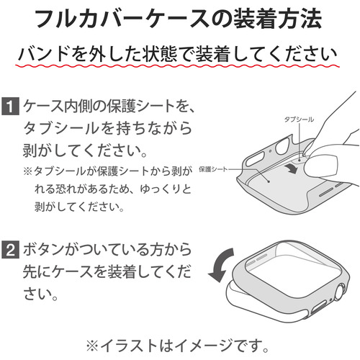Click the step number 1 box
[x=10, y=106]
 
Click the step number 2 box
[x=10, y=250]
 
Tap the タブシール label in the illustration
[x=299, y=120]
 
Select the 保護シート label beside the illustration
[x=213, y=169]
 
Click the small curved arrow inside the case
[x=291, y=168]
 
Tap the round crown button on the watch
[x=340, y=293]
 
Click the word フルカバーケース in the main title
[x=122, y=19]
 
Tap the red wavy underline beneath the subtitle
[x=178, y=66]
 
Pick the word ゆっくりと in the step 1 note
[x=166, y=189]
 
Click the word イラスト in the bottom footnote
[x=128, y=346]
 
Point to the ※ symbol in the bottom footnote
[x=92, y=346]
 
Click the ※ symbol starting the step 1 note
[x=27, y=171]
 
